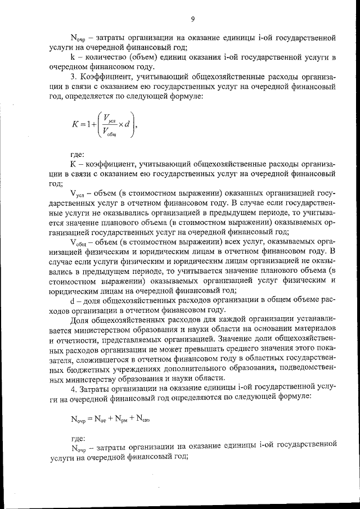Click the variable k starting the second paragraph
click(x=73, y=57)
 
